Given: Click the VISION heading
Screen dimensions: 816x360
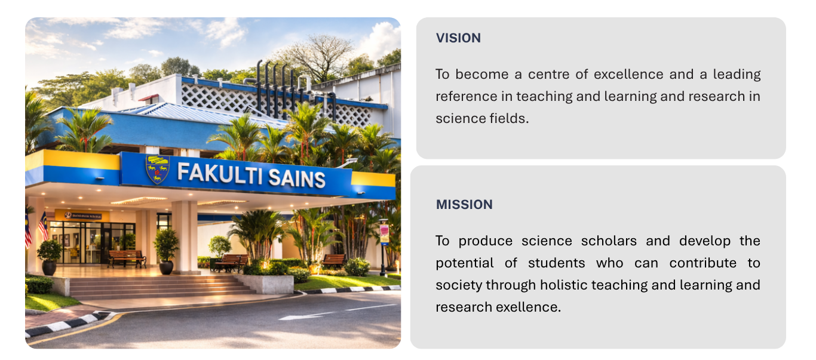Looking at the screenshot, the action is pos(458,38).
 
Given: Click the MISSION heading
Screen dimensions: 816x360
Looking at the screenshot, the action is pos(464,205).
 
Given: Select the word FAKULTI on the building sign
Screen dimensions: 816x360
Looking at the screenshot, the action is pos(220,174).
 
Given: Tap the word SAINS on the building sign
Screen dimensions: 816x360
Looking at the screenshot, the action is pos(297,179).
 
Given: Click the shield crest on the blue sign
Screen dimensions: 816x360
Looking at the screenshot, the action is pos(157,169).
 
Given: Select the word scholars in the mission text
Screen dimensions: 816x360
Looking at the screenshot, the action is pos(609,241).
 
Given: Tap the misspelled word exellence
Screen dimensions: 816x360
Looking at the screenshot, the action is pos(528,307).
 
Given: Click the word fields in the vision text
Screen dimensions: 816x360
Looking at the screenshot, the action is pos(509,119).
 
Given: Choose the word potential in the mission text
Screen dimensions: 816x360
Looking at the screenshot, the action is pos(465,263).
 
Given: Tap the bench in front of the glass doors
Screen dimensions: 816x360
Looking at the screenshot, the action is pos(127,258).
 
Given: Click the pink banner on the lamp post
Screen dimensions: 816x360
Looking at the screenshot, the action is pos(384,234).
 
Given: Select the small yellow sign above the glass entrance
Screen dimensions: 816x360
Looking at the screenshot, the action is pos(82,216).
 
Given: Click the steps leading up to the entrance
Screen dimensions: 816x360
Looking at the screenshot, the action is pos(160,287).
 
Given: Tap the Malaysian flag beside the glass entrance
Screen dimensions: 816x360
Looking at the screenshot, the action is pos(43,226).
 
